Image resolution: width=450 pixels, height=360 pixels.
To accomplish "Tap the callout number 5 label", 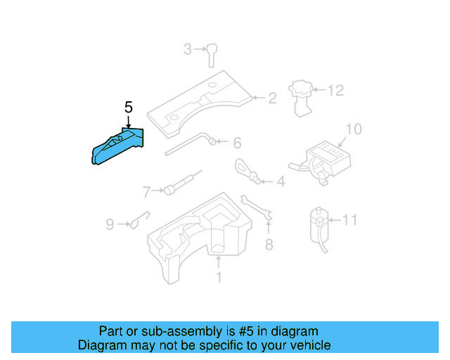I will coord(128,108).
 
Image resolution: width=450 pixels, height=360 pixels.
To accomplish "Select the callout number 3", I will coord(188,49).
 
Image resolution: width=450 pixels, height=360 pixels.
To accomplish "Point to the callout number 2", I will coord(272,98).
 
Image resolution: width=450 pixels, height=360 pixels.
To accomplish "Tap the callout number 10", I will coord(353,129).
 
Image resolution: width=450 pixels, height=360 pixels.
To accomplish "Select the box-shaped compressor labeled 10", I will coord(327,158).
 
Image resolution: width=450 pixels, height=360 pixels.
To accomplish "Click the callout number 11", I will coord(349,221).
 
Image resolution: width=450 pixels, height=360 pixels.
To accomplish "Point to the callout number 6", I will coord(237,143).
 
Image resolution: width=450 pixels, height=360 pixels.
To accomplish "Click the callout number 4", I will coord(281,182).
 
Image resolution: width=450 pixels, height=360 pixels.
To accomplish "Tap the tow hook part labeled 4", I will coord(245,170).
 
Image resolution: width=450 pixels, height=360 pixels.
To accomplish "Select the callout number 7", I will coord(147,191).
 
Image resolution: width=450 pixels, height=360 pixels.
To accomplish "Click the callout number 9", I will coord(110,225).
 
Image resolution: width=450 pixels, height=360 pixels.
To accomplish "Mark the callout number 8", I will coord(268,245).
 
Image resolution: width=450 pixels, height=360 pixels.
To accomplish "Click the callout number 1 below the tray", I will coord(218,278).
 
